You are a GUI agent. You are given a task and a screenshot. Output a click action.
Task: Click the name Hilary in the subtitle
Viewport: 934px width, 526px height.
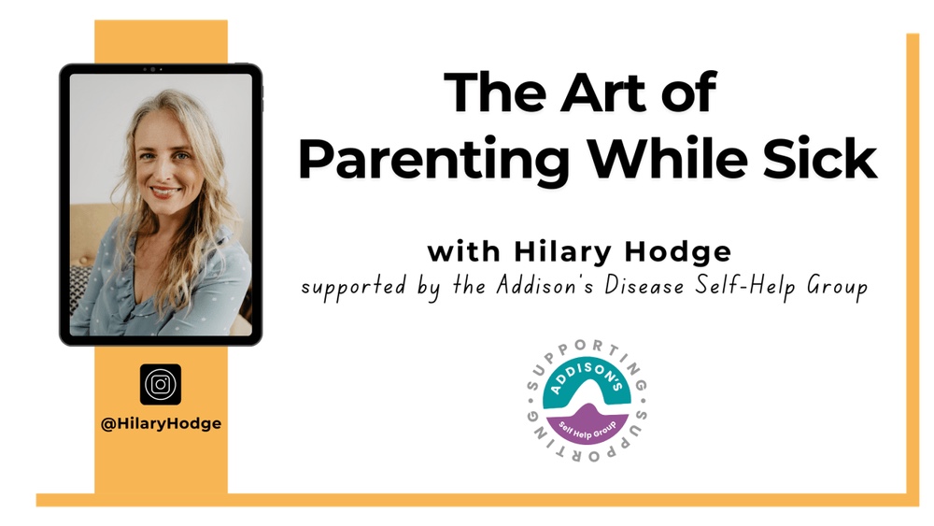[x=561, y=252]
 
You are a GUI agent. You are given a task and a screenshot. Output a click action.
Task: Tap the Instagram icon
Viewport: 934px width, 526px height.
[x=161, y=384]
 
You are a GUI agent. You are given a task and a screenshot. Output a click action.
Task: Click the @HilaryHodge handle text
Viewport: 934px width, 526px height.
[x=161, y=423]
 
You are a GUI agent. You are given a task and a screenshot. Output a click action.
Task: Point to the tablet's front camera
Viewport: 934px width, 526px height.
[x=150, y=70]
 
